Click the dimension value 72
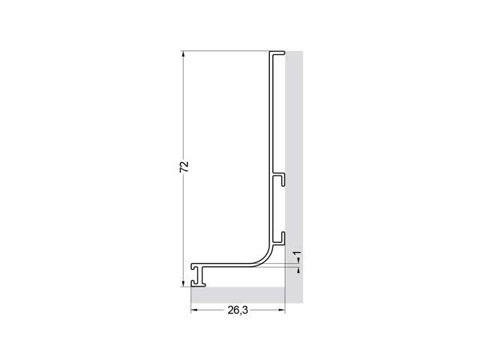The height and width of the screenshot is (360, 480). pyautogui.click(x=184, y=166)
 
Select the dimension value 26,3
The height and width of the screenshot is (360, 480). pyautogui.click(x=238, y=310)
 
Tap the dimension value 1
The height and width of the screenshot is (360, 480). pyautogui.click(x=297, y=253)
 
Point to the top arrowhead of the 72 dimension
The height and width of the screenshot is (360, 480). pyautogui.click(x=183, y=54)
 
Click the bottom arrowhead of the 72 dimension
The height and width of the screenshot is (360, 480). pyautogui.click(x=183, y=283)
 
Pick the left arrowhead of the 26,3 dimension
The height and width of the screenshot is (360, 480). pyautogui.click(x=194, y=310)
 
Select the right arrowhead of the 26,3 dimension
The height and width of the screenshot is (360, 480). pyautogui.click(x=282, y=310)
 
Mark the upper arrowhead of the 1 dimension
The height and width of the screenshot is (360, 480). pyautogui.click(x=299, y=260)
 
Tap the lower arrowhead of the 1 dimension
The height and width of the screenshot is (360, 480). pyautogui.click(x=299, y=270)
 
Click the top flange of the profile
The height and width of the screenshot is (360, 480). pyautogui.click(x=277, y=52)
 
